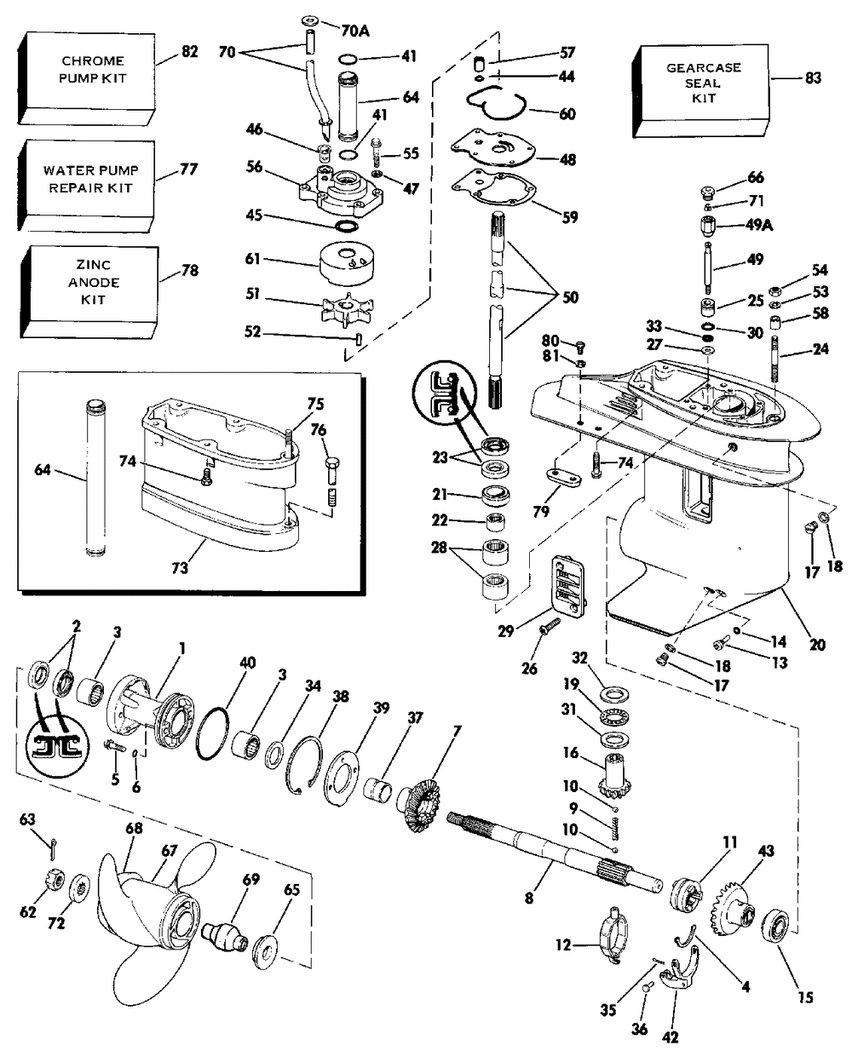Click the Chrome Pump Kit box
(85, 78)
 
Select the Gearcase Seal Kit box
(701, 91)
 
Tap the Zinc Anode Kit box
(89, 292)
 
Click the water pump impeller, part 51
(348, 310)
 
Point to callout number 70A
(355, 31)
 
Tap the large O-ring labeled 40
(213, 733)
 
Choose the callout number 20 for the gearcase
(817, 645)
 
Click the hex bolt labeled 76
(331, 471)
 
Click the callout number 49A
(758, 226)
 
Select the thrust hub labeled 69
(225, 931)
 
